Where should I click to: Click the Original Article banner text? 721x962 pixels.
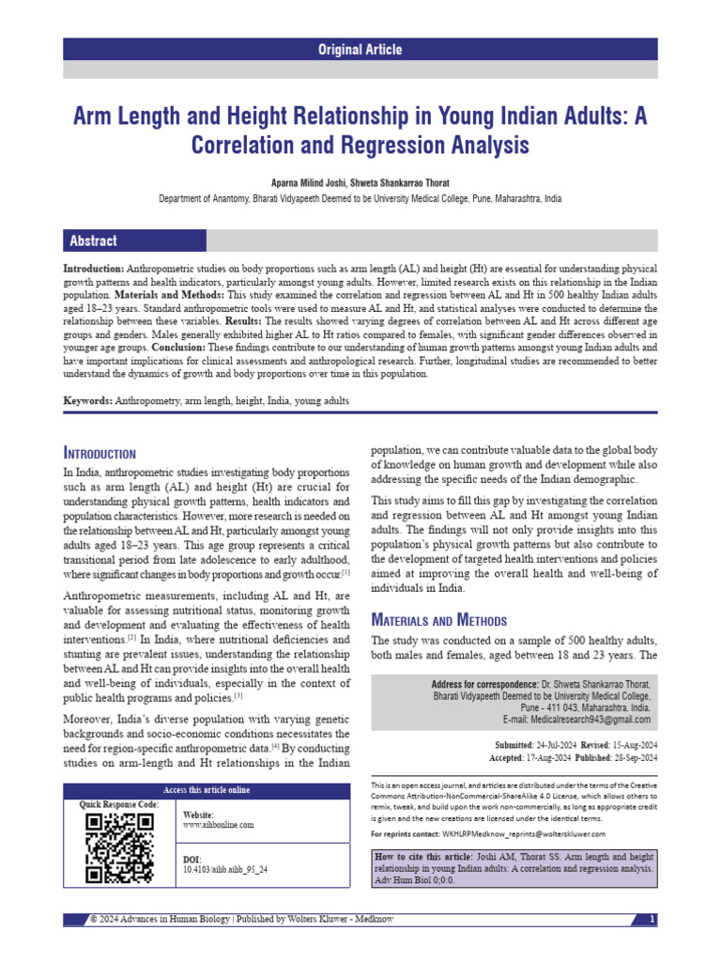tap(360, 49)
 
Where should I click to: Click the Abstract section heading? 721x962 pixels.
tap(93, 241)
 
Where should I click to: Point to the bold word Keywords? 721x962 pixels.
tap(87, 401)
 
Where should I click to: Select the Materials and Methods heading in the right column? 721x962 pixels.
tap(439, 620)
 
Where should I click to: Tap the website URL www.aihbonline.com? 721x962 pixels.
tap(218, 825)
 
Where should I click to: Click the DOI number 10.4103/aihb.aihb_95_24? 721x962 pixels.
tap(224, 870)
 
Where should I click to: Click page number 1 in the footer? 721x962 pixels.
tap(652, 918)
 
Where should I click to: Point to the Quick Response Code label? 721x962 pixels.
tap(119, 805)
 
